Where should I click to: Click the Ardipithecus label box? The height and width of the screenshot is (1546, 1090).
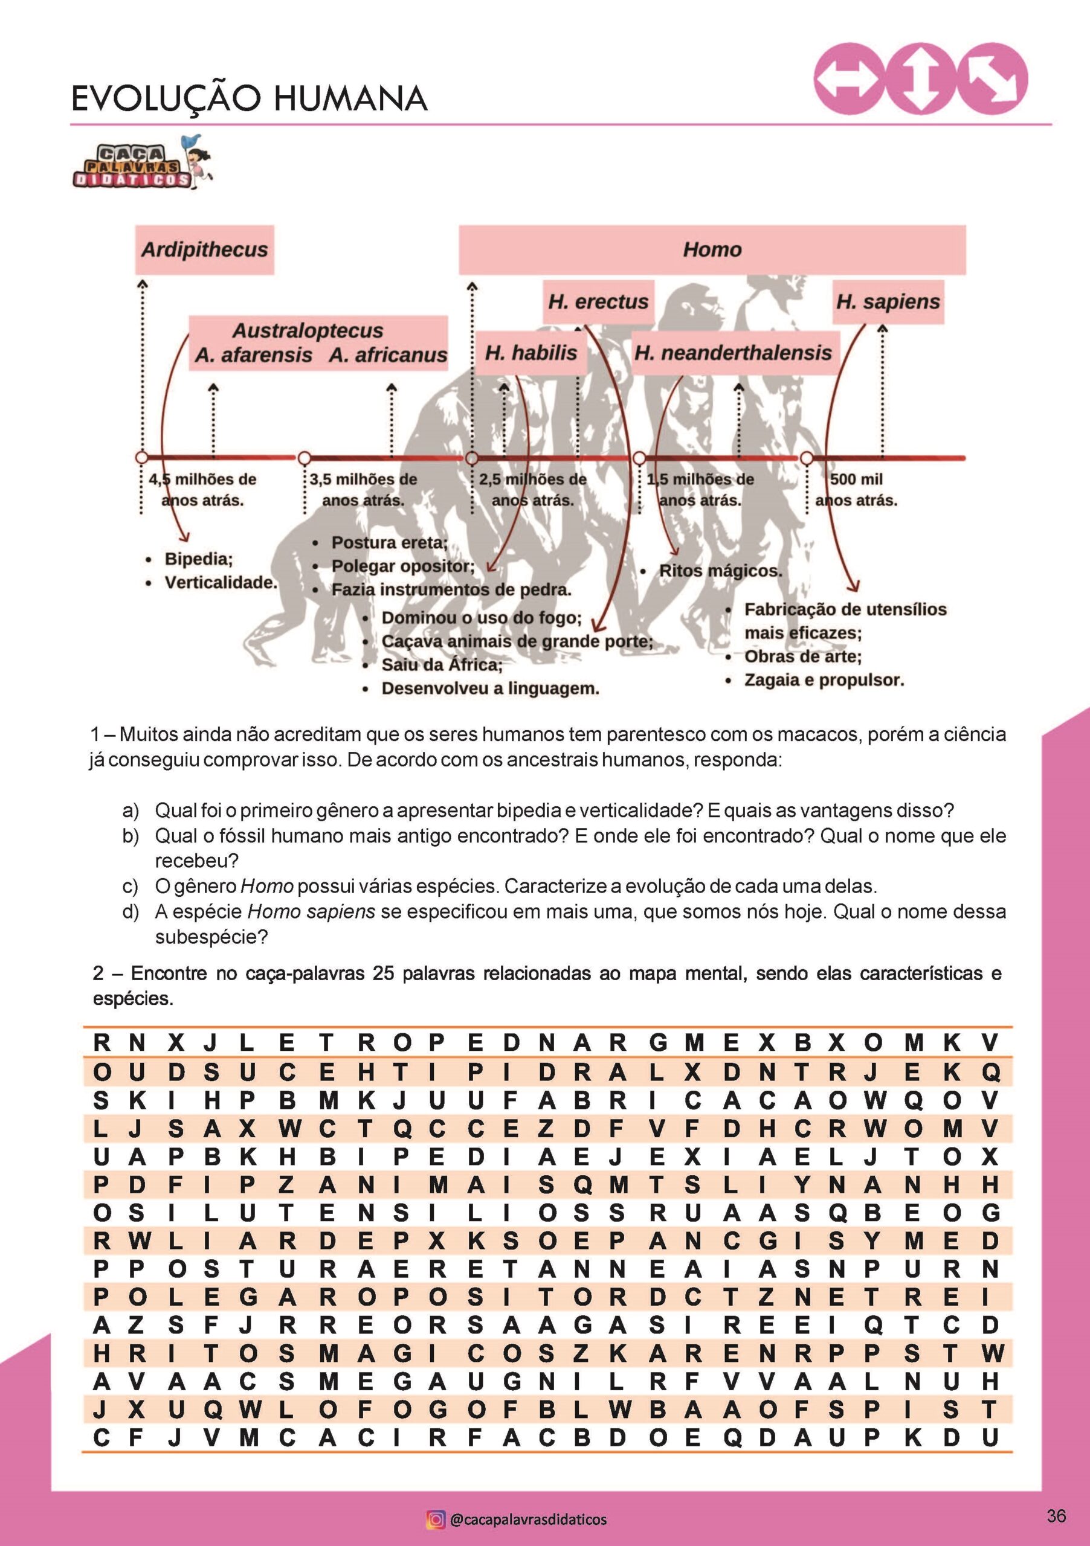click(x=205, y=250)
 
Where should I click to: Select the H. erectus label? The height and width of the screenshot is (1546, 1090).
click(x=598, y=302)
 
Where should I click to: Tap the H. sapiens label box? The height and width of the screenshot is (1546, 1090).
click(x=888, y=302)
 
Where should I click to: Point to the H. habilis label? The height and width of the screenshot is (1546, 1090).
click(x=531, y=353)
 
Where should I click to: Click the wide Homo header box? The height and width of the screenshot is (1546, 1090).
click(x=712, y=250)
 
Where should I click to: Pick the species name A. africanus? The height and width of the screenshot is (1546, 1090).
click(x=388, y=355)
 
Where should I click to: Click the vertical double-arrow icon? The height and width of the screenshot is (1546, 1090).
click(x=920, y=79)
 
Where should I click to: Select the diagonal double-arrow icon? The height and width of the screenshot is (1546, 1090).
click(x=993, y=79)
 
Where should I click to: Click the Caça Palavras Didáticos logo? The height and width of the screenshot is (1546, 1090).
click(x=141, y=164)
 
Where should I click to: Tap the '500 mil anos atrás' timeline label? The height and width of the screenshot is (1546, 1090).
click(x=856, y=490)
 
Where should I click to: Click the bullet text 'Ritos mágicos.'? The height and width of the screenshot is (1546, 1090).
click(x=720, y=571)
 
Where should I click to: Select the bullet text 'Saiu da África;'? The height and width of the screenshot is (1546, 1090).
click(x=442, y=664)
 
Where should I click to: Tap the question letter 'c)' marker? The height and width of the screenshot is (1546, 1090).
click(x=131, y=886)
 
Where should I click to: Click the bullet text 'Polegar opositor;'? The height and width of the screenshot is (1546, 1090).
click(x=403, y=566)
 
